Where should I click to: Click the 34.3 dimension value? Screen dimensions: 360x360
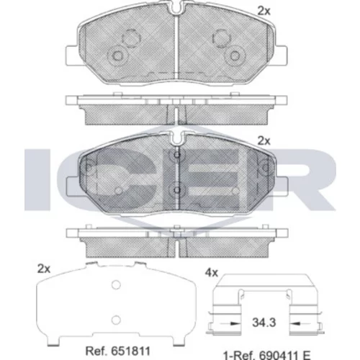pos(264,323)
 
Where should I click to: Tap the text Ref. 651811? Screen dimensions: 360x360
pos(118,351)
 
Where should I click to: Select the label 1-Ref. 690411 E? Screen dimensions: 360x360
pos(267,355)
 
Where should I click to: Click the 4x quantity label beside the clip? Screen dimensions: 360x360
pos(212,273)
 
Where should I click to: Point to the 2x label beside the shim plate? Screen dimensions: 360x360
pos(44,269)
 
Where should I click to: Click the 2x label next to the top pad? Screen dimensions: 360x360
pos(264,11)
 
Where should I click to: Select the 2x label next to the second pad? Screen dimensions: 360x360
pos(264,141)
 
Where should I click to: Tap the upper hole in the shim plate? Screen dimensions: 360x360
pos(116,285)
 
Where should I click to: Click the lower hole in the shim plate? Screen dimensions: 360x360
pos(116,320)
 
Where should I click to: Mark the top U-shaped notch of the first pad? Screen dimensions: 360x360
pos(176,8)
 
